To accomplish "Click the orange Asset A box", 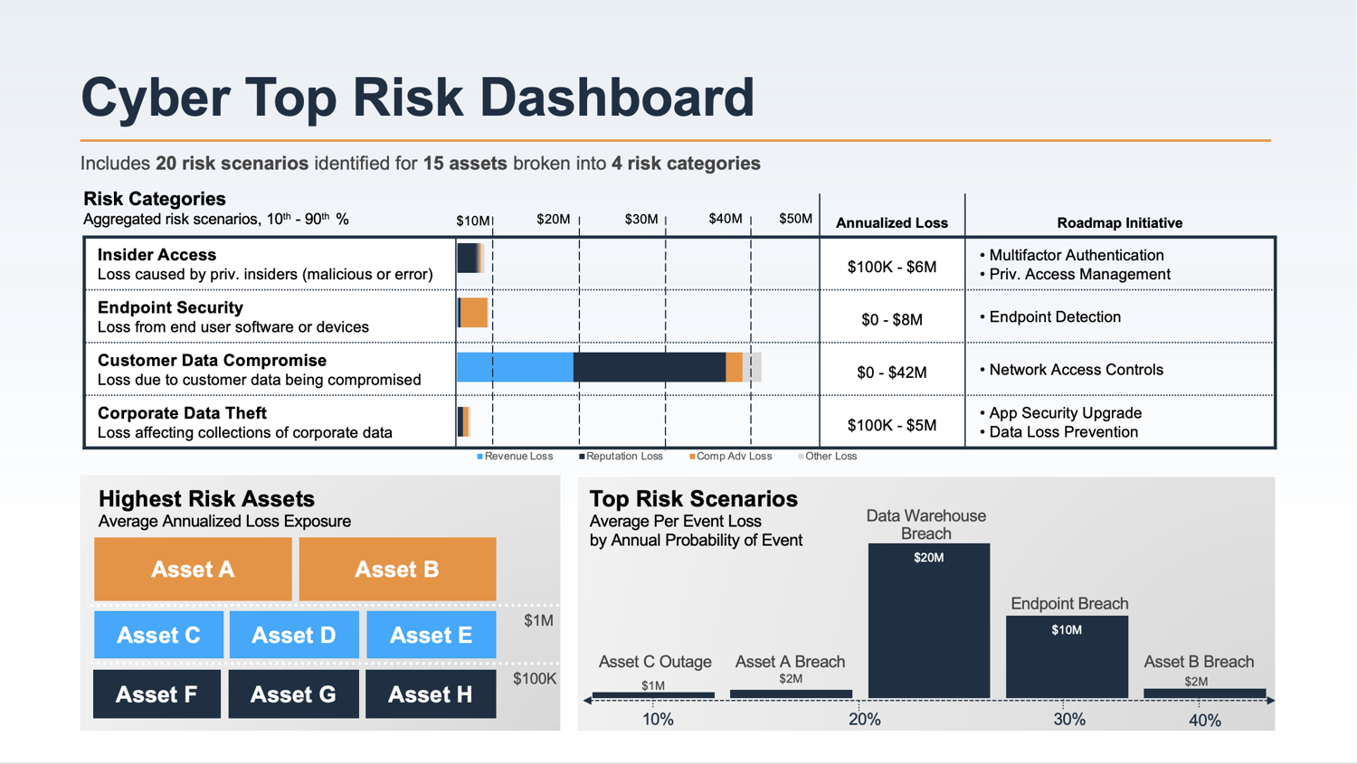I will click(193, 569).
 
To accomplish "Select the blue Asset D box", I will click(294, 635).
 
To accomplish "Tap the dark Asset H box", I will click(431, 694).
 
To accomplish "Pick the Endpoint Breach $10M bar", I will click(1067, 656).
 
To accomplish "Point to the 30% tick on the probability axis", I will click(1068, 719).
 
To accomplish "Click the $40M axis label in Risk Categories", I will click(725, 219).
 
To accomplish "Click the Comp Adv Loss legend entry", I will click(733, 457).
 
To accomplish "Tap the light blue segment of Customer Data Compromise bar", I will click(515, 367).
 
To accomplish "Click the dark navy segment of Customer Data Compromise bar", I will click(649, 367).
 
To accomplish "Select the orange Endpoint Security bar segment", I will click(474, 313).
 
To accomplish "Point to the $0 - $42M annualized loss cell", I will click(891, 373).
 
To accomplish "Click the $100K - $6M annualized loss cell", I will click(891, 267).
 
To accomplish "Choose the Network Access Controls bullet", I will click(1075, 370).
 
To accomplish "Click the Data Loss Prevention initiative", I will click(1063, 432).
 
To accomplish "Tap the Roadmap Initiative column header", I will click(1119, 222).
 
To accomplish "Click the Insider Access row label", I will click(157, 255).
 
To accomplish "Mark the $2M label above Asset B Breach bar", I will click(1195, 682).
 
